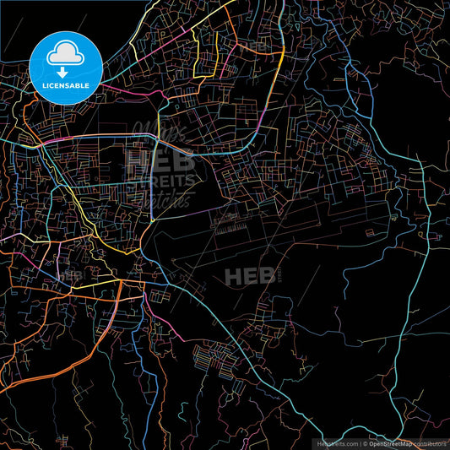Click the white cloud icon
[x=66, y=55]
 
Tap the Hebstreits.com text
[x=336, y=443]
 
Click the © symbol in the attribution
[x=366, y=443]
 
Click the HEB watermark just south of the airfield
[x=247, y=275]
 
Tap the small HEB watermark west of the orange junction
[x=71, y=275]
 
